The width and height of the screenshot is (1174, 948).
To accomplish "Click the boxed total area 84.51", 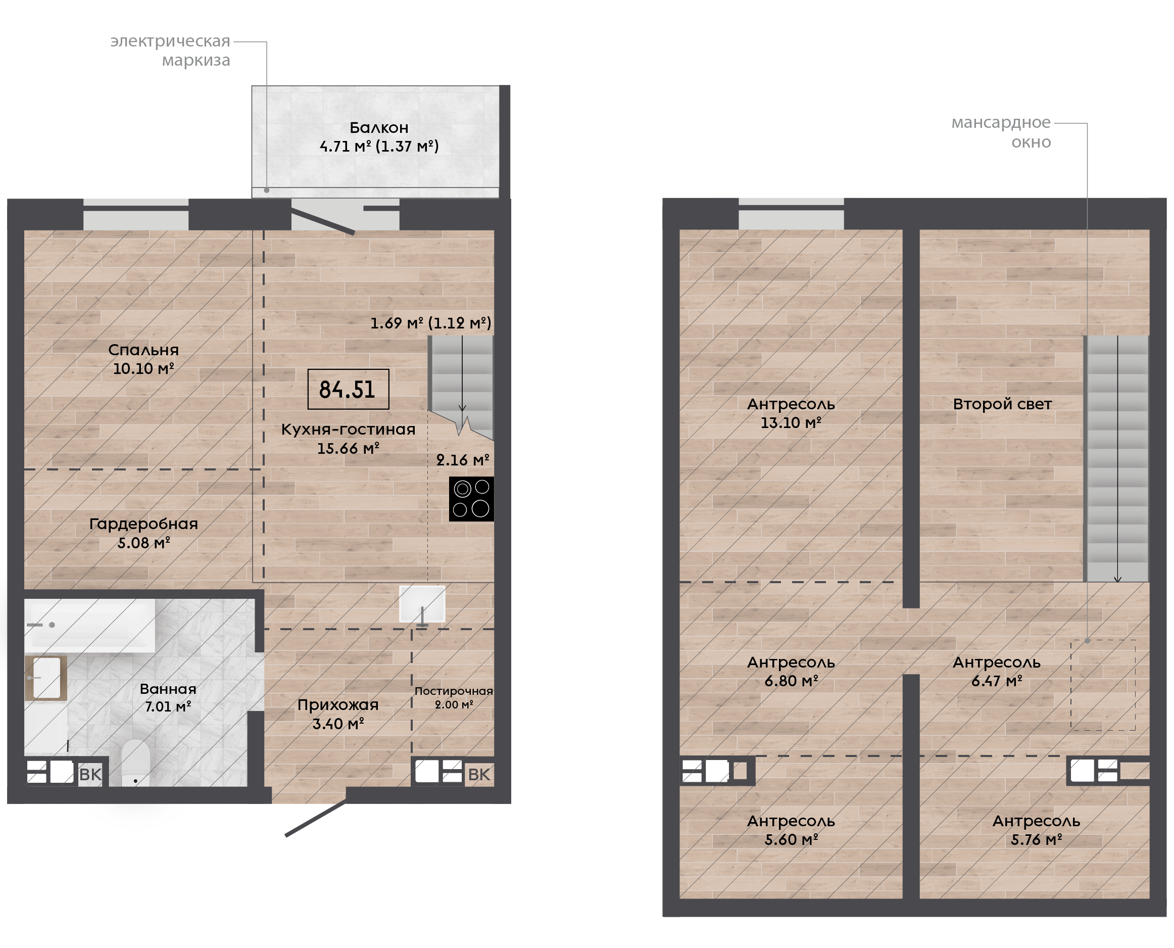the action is click(x=348, y=389).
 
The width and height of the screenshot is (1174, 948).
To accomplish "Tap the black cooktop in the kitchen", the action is click(x=471, y=499).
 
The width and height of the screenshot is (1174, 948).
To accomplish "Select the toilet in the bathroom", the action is click(x=135, y=763).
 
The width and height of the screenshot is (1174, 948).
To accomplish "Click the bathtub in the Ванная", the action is click(x=90, y=625).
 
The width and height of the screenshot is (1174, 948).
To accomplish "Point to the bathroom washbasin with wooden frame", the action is click(x=46, y=678).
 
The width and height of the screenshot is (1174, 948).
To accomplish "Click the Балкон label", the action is click(x=379, y=128).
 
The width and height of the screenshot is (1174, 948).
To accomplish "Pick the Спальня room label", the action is click(x=143, y=350).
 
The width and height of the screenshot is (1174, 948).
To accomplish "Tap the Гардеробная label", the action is click(x=143, y=524).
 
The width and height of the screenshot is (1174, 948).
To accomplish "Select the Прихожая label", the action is click(x=338, y=705).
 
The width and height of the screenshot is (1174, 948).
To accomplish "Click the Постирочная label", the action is click(x=454, y=691).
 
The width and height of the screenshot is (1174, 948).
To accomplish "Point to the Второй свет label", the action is click(x=1002, y=404).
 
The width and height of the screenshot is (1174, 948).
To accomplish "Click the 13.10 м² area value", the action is click(x=791, y=422).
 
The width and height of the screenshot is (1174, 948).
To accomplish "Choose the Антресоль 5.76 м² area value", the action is click(x=1036, y=840).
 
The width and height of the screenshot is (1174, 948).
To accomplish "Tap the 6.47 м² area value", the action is click(x=996, y=681).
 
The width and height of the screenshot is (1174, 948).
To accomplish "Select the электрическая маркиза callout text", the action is click(x=170, y=50).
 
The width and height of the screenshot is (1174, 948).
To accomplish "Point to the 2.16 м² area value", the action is click(x=462, y=460).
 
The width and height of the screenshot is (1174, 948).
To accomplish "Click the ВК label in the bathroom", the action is click(x=90, y=774).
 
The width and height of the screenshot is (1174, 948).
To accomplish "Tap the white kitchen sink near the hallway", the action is click(x=422, y=604).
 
